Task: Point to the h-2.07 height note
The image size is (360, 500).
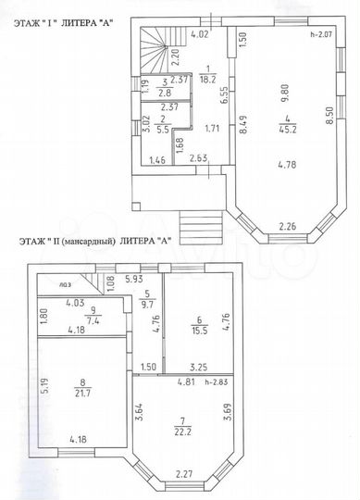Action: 322,34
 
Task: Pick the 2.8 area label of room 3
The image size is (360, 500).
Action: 163,94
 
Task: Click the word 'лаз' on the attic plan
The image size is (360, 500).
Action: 65,285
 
